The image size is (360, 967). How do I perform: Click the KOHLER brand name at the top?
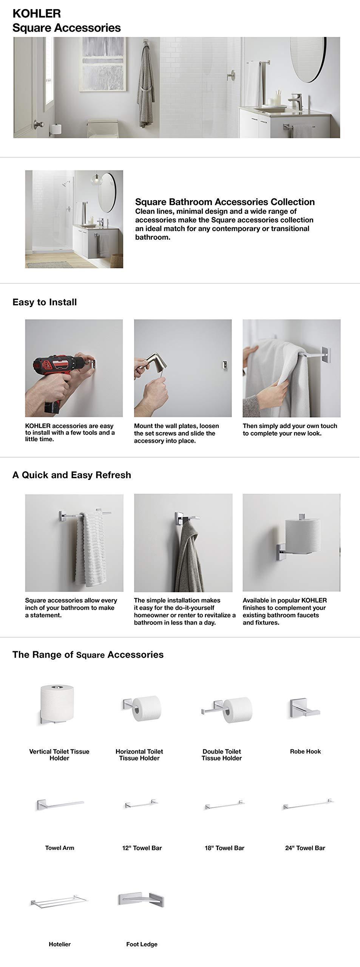point(37,14)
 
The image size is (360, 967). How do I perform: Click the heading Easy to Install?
point(45,302)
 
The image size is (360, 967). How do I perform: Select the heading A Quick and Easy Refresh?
point(72,475)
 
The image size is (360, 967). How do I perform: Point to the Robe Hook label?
point(305,751)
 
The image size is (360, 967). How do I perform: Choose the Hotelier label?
point(60,944)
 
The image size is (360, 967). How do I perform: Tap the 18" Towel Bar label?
point(224,848)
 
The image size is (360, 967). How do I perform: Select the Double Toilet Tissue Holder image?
point(226,709)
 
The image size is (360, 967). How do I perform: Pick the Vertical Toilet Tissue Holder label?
point(59,754)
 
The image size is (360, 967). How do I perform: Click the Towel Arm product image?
point(60,805)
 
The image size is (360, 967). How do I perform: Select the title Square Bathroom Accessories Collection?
point(225,202)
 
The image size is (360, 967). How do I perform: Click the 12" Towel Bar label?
point(142,848)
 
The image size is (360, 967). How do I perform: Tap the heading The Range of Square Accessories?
point(88,655)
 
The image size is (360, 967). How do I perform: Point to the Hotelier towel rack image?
point(60,903)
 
